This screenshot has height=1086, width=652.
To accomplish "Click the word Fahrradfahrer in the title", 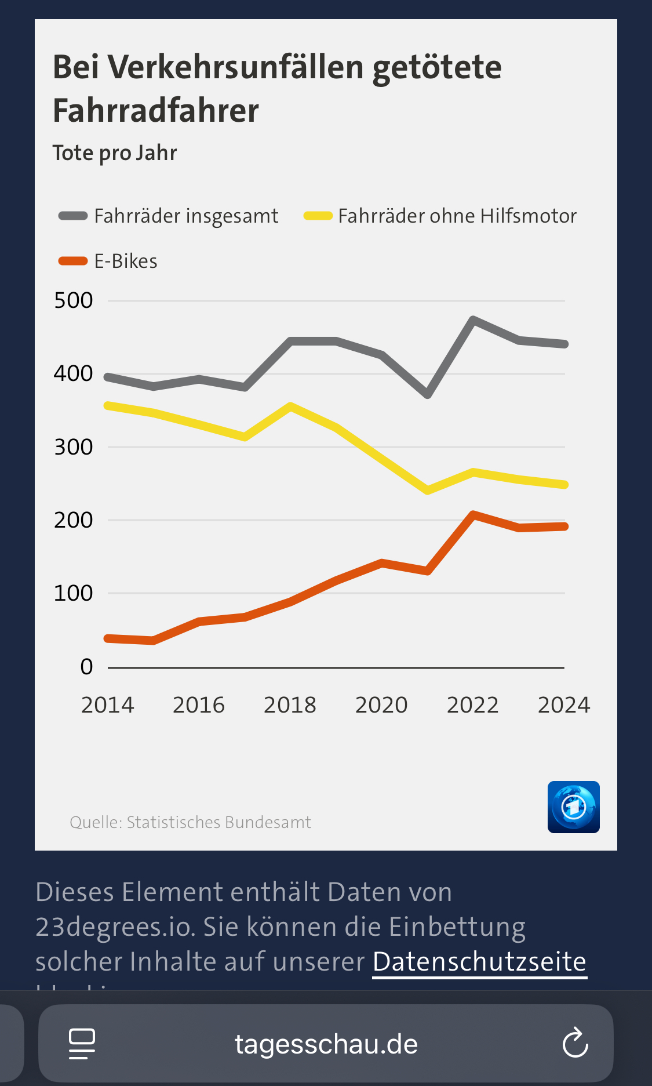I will point(155,111).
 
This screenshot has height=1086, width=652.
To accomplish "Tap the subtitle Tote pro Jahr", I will point(114,153).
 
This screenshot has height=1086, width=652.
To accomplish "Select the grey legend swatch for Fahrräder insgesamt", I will point(73,216).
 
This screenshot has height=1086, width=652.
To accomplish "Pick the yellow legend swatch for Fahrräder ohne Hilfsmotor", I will point(318,216).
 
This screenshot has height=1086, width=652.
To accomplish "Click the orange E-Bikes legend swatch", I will point(73,261).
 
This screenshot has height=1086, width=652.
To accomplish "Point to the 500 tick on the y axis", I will point(73,300).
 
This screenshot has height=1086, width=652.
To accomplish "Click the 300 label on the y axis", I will point(73,447).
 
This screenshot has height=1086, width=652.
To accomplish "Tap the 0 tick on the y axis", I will point(86,667).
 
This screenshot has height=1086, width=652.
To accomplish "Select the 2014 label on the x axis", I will point(107,705).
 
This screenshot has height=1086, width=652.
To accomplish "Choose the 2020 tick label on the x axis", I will point(381,705).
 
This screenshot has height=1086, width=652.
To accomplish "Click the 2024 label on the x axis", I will point(563,705).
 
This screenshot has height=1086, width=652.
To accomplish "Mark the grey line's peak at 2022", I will point(473,319).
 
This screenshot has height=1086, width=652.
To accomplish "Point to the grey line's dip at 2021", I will point(428,395).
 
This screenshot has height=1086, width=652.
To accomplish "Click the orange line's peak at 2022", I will point(473,514).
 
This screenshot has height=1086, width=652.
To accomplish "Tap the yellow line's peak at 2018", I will point(290,406).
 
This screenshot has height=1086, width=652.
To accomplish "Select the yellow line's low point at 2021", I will point(428,491).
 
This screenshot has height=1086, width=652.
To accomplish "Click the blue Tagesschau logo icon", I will point(573,807).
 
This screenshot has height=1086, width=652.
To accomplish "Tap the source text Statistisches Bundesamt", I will point(218,822).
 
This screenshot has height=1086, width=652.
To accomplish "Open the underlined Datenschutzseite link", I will point(479,962).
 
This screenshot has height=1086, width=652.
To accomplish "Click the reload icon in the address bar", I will point(575,1043).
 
